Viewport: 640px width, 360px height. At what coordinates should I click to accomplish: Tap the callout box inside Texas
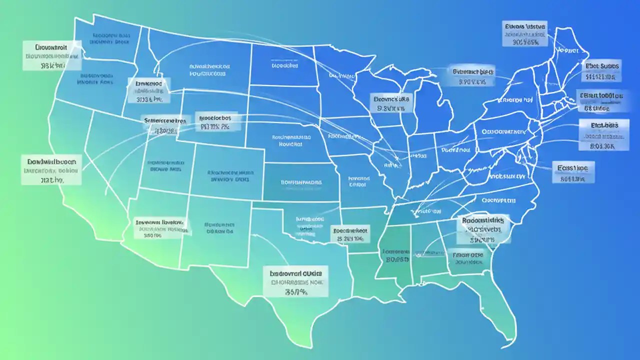tap(295, 281)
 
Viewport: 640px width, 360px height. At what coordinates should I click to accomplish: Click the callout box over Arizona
tap(161, 226)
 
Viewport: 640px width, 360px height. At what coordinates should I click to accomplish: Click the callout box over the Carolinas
tap(483, 229)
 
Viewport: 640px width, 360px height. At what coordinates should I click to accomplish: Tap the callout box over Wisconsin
tap(392, 102)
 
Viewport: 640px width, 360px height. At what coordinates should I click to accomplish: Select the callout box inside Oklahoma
tap(350, 233)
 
